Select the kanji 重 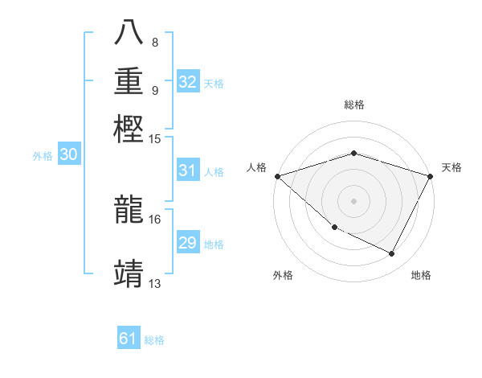tap(129, 81)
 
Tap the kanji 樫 tap(129, 128)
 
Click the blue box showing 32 tap(188, 82)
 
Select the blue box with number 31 tap(187, 171)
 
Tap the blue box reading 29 tap(187, 243)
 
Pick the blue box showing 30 tap(68, 155)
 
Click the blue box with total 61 tap(129, 339)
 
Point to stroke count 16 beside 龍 tap(155, 219)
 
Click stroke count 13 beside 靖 tap(155, 283)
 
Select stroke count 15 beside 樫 tap(155, 138)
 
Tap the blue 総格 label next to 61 tap(154, 340)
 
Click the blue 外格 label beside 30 tap(43, 156)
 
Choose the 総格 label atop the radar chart tap(353, 105)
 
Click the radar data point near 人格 tap(277, 176)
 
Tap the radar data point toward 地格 tap(392, 253)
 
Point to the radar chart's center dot tap(353, 200)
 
